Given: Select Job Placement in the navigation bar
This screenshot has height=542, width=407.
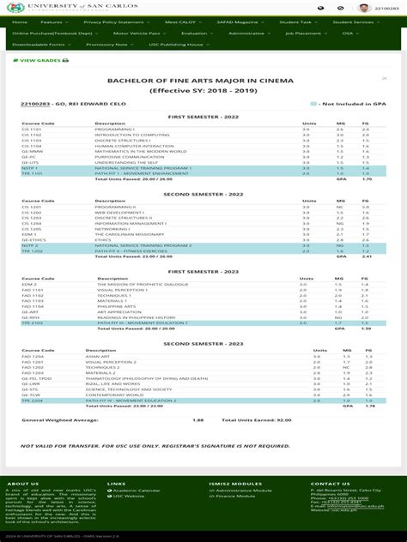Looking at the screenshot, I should pos(302,33).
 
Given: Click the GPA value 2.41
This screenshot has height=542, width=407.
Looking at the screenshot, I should pos(367,256).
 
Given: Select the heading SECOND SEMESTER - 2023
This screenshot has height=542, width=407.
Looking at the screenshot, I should pos(203,343).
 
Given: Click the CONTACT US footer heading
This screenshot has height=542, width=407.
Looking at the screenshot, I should pos(330,484).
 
